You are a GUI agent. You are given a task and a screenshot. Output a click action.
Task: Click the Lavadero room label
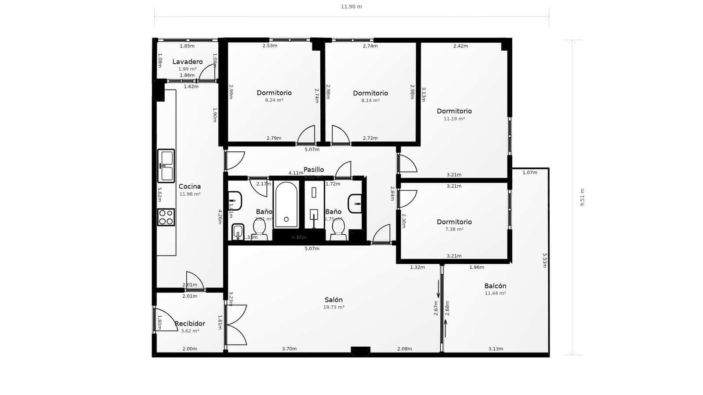[188, 62]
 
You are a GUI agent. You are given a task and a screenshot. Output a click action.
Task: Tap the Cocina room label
[190, 187]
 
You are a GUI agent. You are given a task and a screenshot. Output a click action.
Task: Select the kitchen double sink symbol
[167, 166]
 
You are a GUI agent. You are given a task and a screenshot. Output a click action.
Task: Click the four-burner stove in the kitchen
[166, 217]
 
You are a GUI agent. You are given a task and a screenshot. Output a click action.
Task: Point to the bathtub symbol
[286, 205]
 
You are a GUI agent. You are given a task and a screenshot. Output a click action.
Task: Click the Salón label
[333, 300]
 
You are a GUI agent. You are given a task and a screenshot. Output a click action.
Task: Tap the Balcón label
[495, 286]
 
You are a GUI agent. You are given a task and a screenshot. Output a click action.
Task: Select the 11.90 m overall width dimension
[351, 7]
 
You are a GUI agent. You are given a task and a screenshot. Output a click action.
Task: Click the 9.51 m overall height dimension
[582, 197]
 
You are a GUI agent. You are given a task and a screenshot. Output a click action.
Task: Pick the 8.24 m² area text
[274, 100]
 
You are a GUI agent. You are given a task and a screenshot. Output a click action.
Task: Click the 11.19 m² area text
[454, 118]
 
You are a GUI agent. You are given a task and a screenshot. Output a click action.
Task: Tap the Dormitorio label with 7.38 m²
[454, 222]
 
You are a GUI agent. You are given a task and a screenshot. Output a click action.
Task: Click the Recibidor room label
[190, 323]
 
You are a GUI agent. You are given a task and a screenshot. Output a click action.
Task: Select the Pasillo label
[314, 169]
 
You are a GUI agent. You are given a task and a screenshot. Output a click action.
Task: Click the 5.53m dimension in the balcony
[545, 260]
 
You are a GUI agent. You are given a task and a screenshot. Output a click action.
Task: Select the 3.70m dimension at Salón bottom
[289, 349]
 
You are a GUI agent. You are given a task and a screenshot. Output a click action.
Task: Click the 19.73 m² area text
[333, 307]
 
